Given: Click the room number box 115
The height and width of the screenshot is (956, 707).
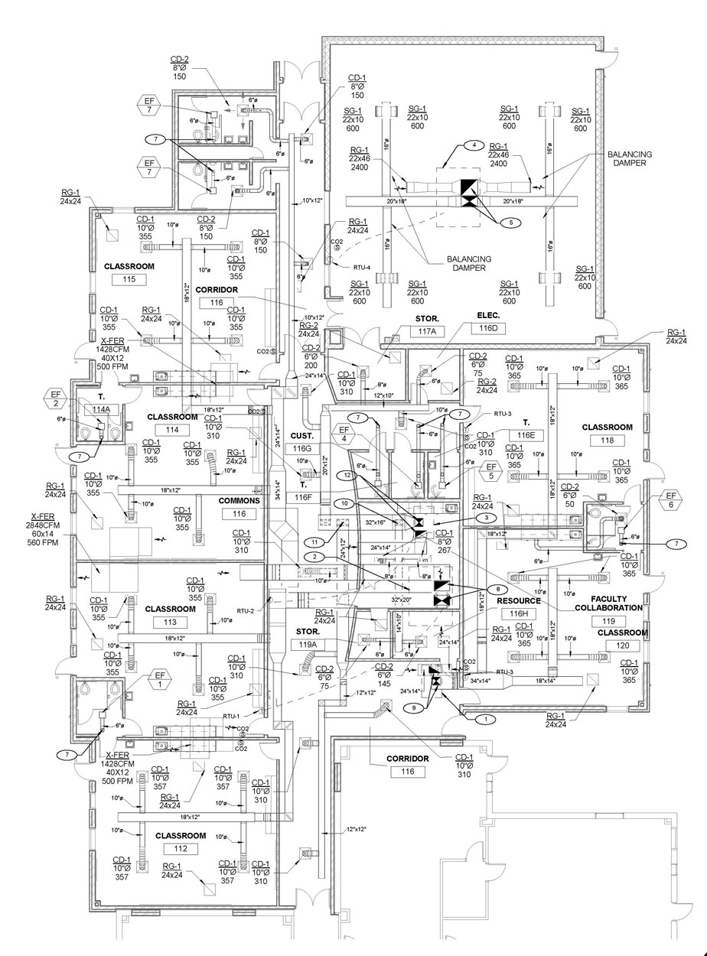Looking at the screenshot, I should tap(129, 281).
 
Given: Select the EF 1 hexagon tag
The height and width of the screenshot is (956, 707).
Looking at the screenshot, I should tap(161, 676).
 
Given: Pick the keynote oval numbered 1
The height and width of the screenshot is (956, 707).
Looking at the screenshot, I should tap(481, 719).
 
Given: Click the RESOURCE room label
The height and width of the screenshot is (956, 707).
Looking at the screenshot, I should tap(519, 601).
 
